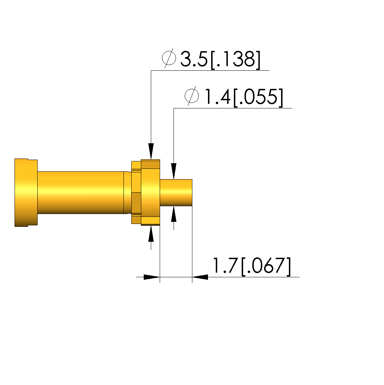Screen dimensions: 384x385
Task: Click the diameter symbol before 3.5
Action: tap(169, 58)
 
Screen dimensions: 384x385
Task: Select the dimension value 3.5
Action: tap(194, 59)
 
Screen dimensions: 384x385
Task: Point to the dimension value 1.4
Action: tap(217, 97)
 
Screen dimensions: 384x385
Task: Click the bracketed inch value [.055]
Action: tap(258, 97)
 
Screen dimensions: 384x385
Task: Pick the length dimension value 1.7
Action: tap(225, 266)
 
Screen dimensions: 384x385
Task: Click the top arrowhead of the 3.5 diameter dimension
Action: tap(151, 151)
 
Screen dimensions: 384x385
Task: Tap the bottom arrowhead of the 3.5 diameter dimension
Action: tap(151, 234)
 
